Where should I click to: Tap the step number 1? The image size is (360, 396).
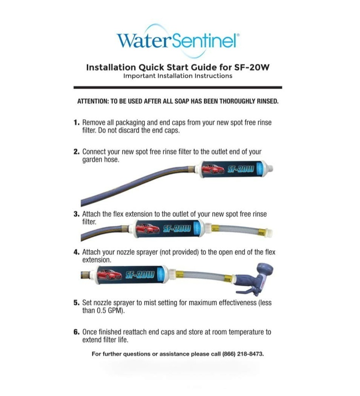tap(76, 123)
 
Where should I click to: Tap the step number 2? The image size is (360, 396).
tap(76, 152)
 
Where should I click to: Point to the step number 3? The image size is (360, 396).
tap(76, 214)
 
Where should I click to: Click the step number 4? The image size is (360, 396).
tap(76, 252)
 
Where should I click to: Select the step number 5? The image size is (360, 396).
tap(76, 303)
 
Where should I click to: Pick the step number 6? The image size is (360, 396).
tap(76, 332)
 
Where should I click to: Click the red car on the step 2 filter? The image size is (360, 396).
tap(213, 169)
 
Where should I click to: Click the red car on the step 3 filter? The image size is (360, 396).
tap(147, 228)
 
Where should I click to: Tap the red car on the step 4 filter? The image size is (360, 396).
tap(109, 274)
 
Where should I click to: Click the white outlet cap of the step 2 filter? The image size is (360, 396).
tap(268, 169)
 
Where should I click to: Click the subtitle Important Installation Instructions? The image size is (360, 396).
tap(178, 76)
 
